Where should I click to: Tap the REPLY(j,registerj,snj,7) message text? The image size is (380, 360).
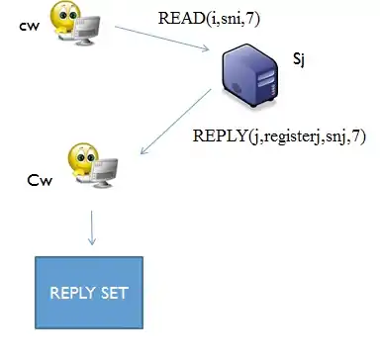tap(279, 136)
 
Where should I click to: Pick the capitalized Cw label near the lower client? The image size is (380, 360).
tap(39, 182)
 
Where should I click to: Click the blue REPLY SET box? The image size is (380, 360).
tap(90, 292)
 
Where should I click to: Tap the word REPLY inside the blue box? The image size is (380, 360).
tap(75, 293)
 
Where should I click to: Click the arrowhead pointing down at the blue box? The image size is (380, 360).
tap(93, 241)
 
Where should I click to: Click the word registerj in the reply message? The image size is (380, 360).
tap(275, 136)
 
